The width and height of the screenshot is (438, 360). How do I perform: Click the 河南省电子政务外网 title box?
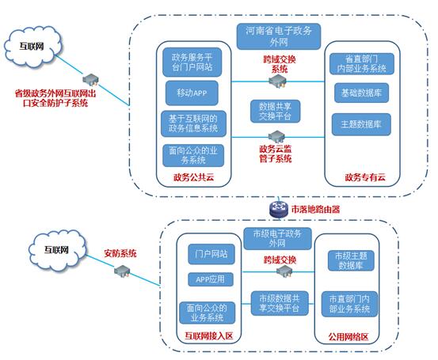click(279, 36)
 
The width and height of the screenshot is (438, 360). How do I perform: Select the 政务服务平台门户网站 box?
click(192, 63)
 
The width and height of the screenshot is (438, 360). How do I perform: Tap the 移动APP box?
click(192, 93)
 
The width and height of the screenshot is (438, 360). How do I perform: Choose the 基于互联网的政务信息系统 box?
click(193, 123)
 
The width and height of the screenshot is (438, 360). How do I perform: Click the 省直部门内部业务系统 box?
click(362, 64)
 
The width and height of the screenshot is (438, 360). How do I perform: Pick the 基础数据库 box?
click(361, 93)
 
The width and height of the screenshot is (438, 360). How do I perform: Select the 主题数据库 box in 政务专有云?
click(361, 124)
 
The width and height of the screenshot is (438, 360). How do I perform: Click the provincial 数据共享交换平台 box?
click(275, 112)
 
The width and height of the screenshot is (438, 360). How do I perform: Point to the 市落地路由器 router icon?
click(279, 209)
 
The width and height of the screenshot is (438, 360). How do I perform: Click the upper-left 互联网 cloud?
click(32, 47)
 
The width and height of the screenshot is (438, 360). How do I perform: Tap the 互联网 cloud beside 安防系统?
click(57, 250)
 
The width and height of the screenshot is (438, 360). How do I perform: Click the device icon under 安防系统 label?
click(122, 271)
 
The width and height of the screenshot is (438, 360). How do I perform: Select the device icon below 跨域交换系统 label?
click(277, 81)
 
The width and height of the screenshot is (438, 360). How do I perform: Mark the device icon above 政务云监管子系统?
click(276, 136)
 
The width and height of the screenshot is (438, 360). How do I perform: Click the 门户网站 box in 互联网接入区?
click(211, 254)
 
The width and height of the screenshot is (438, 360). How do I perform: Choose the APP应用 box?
click(211, 279)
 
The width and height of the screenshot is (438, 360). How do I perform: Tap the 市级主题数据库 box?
click(351, 260)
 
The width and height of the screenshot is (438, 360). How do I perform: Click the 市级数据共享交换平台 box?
click(280, 303)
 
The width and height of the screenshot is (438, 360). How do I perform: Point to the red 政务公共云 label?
click(193, 177)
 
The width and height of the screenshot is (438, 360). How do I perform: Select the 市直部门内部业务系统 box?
click(349, 304)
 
